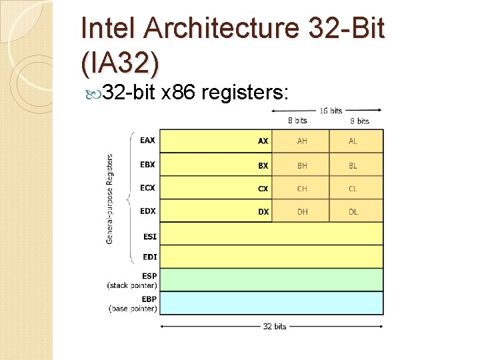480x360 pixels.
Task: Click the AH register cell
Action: (302, 141)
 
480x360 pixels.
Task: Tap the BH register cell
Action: (302, 165)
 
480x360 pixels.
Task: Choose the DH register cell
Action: (302, 211)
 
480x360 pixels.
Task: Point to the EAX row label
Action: (147, 140)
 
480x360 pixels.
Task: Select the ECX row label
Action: (147, 187)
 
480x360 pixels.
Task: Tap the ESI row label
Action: (149, 236)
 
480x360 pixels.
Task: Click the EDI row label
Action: (149, 257)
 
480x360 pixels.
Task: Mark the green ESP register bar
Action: (271, 279)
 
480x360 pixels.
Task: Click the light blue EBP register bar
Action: (271, 303)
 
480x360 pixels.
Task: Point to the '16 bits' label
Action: (331, 111)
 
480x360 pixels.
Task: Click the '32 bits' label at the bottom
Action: (274, 327)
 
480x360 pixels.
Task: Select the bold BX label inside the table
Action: (263, 165)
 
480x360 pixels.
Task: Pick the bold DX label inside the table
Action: (263, 211)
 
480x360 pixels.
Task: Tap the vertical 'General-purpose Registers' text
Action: (110, 199)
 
